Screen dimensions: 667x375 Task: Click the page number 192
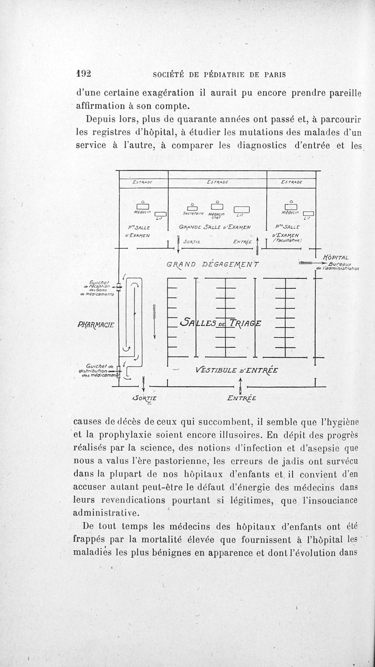[x=83, y=74]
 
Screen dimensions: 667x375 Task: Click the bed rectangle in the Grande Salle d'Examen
[x=241, y=209]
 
